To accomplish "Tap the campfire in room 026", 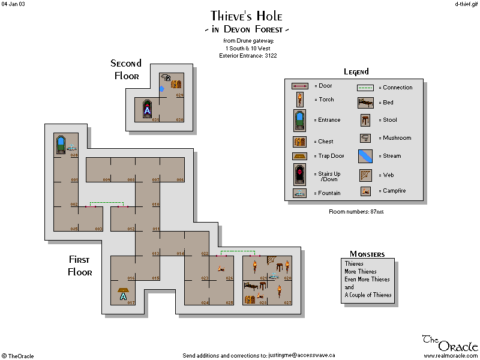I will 221,268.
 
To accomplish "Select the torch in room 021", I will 254,266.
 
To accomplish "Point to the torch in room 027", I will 280,292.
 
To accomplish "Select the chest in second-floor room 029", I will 176,84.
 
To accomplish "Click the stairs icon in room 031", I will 147,109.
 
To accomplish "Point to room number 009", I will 106,179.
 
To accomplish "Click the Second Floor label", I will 126,70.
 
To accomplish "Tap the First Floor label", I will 80,266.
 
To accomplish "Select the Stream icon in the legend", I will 365,156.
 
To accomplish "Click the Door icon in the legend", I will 300,86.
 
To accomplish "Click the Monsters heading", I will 367,254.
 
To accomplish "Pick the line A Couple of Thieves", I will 368,295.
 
